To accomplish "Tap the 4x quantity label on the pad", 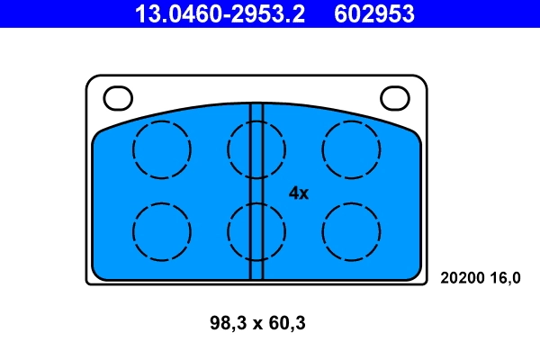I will pyautogui.click(x=299, y=193).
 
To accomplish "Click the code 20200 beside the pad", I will pyautogui.click(x=460, y=278).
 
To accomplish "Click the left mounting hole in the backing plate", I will pyautogui.click(x=118, y=95).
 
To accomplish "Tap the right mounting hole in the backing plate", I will pyautogui.click(x=395, y=95).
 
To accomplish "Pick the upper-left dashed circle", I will pyautogui.click(x=162, y=148).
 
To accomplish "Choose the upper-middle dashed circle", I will pyautogui.click(x=256, y=148).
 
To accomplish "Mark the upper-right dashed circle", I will pyautogui.click(x=352, y=148).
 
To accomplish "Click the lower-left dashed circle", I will pyautogui.click(x=162, y=231).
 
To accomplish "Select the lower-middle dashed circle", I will pyautogui.click(x=256, y=231).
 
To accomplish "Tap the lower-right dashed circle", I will pyautogui.click(x=352, y=231).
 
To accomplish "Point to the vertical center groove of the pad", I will pyautogui.click(x=256, y=190).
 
